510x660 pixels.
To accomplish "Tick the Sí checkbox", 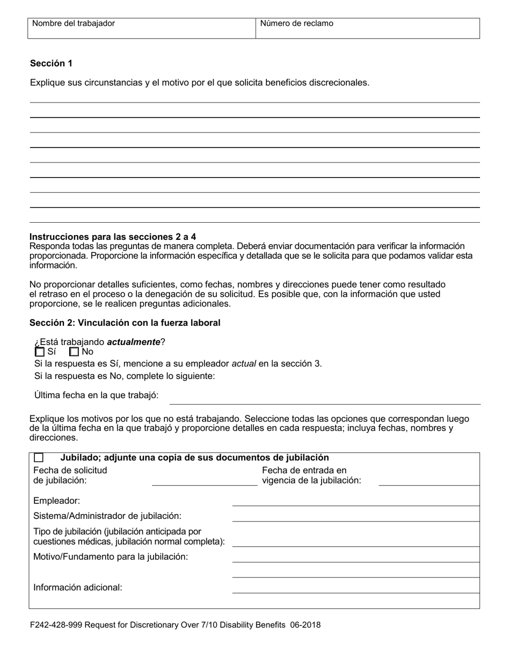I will coord(39,352).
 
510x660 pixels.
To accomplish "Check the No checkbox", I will coord(74,352).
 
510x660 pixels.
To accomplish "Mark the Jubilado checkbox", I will coord(39,458).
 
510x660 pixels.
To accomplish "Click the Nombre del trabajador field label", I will coord(74,24).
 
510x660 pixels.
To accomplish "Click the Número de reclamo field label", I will coord(297,24).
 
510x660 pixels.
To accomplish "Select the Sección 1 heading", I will coord(51,63).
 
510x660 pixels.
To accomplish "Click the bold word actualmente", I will coord(134,342).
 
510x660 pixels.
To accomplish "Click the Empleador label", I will coord(56,501).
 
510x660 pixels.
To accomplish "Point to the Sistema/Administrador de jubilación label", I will coord(107,516).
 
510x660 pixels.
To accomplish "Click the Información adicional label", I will coord(78,587).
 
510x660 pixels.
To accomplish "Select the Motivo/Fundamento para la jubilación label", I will coord(111,556).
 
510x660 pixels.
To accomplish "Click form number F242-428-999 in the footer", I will coord(56,625).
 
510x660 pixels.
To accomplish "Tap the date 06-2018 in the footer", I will coord(305,625).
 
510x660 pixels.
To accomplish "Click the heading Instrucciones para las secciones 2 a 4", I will coord(113,237).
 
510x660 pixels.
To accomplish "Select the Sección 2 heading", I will coord(125,322).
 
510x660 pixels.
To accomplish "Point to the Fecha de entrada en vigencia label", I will coord(311,475).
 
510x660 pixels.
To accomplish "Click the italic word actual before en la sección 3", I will coord(244,363).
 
